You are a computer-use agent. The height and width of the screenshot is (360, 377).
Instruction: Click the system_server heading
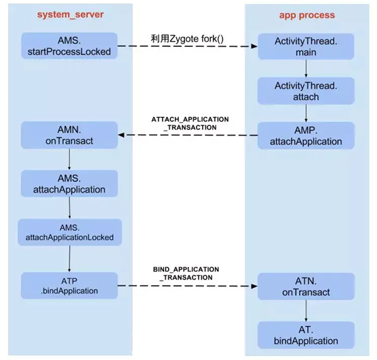65,14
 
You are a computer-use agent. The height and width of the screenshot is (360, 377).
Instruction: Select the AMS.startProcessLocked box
69,45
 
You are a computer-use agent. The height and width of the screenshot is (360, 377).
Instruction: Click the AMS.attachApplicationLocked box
69,233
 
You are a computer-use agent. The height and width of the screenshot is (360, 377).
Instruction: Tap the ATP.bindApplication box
69,285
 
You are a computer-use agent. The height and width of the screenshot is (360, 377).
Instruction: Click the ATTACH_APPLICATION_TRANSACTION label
190,122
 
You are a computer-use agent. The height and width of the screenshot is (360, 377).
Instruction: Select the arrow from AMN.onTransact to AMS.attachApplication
69,159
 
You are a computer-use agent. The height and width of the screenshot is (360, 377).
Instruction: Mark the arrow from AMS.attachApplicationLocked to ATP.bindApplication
69,259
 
